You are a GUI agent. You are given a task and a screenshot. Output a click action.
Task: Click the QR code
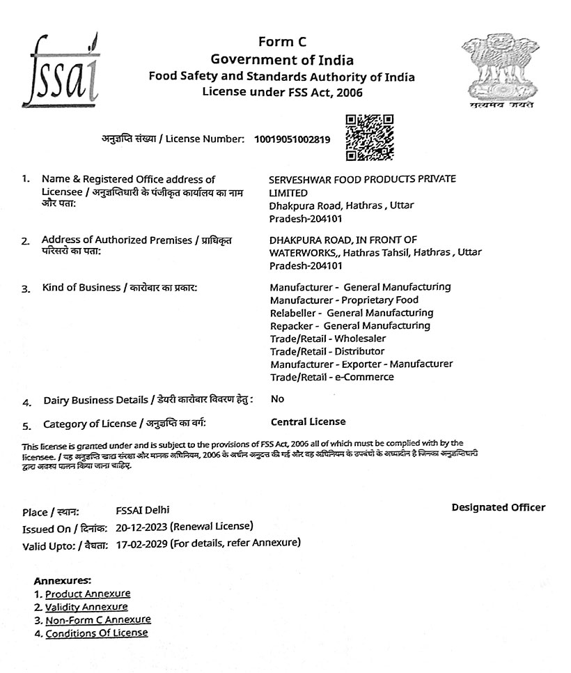(x=369, y=137)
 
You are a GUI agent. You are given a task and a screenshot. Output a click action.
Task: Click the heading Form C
(x=282, y=42)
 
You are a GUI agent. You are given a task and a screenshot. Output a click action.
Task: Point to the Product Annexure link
(x=88, y=594)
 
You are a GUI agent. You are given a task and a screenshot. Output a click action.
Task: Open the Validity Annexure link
(x=86, y=607)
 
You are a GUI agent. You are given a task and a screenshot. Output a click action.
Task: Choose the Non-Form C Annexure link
(x=98, y=619)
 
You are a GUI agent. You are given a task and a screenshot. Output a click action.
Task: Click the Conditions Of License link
(x=97, y=633)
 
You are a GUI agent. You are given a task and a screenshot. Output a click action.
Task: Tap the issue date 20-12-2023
(x=141, y=526)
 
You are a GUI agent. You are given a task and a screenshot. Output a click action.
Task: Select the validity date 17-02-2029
(x=141, y=542)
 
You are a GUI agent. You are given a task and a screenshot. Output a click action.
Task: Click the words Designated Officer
(x=498, y=507)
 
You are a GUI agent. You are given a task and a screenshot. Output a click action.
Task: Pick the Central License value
(x=307, y=421)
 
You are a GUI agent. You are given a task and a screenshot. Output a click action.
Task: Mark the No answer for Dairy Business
(x=277, y=399)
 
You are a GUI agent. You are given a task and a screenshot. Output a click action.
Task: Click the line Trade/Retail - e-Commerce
(x=331, y=377)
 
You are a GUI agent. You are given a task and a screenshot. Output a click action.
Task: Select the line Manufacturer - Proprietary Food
(x=344, y=300)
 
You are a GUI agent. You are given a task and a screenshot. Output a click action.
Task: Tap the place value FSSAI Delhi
(x=143, y=511)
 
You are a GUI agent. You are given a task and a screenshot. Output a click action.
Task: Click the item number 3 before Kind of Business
(x=25, y=288)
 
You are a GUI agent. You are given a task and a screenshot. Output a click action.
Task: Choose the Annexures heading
(x=62, y=580)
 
